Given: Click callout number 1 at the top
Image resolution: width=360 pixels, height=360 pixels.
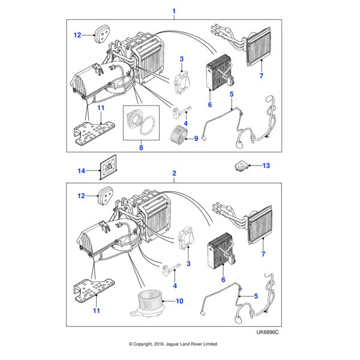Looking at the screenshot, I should pos(174,11).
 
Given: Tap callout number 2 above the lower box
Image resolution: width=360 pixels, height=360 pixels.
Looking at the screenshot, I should pos(174,173).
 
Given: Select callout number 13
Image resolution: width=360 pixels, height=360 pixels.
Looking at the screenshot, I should pos(266,166).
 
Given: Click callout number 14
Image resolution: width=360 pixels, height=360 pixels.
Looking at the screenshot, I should pos(82,171).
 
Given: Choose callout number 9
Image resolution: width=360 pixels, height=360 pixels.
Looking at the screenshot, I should pos(195,139).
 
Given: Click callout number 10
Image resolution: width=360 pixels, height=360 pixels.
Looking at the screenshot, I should pos(180,301).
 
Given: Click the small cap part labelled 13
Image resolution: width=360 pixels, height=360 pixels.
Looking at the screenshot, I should pos(244,166).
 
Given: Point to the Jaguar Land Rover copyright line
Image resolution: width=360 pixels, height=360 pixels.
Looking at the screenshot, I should pos(173,344).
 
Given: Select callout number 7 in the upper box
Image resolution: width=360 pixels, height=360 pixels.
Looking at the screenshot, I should pos(262,76).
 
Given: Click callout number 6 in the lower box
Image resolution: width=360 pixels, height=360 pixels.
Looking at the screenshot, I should pos(223,280).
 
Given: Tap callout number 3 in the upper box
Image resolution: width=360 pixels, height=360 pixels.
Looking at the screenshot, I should pos(181,58).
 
